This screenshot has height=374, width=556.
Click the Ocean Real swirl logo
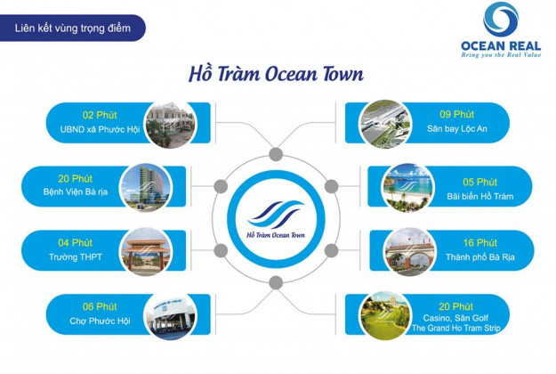[501, 19]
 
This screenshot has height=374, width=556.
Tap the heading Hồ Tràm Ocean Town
[276, 74]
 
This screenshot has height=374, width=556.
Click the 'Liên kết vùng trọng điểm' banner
[73, 28]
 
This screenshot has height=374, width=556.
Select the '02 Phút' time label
[100, 115]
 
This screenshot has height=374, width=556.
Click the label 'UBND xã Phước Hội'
[100, 129]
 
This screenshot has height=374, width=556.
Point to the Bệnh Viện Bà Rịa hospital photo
[146, 187]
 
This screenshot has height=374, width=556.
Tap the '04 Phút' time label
[76, 243]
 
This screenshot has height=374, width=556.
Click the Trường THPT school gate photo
[146, 251]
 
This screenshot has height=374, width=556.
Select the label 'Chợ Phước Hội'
[100, 321]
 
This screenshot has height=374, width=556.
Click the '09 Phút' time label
[456, 114]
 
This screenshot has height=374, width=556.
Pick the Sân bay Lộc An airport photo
[385, 124]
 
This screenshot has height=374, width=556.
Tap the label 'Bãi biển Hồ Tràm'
[480, 196]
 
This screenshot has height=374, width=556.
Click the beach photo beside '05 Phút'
[408, 187]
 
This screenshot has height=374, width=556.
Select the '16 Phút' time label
[480, 243]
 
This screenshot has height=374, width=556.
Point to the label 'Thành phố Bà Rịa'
[480, 257]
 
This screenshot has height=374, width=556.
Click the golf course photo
[385, 315]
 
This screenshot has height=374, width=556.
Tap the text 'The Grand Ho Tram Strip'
[456, 329]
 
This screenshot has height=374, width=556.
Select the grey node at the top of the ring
[276, 155]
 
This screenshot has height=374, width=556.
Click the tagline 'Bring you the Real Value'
[501, 55]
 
